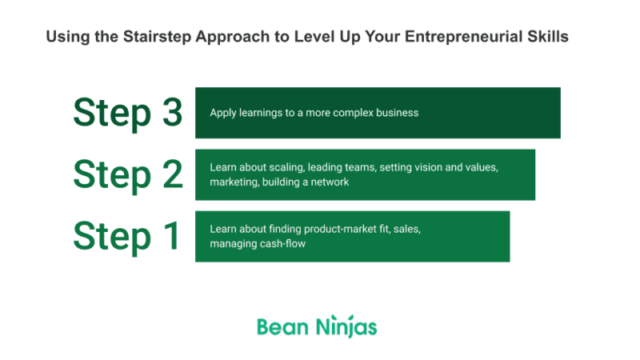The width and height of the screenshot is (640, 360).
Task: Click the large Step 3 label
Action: (x=128, y=113)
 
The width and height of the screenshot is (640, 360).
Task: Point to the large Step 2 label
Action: (x=128, y=174)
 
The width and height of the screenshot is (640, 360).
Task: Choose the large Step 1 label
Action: (x=128, y=236)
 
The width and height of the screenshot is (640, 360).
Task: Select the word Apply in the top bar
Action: (x=223, y=113)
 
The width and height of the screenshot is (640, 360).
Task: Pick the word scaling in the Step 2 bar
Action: (x=294, y=168)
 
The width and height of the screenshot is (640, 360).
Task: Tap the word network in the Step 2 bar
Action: (x=331, y=182)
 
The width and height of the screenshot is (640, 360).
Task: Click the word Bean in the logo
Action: (x=278, y=326)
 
